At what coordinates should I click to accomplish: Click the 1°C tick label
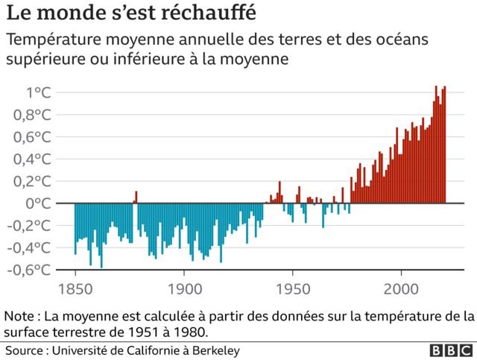pos(39,92)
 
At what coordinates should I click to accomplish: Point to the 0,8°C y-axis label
pos(32,115)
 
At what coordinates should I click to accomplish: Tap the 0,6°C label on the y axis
pos(32,137)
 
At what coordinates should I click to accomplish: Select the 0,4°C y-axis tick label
pos(32,160)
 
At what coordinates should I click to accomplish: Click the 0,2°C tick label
pos(32,181)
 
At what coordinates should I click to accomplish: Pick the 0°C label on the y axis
pos(39,203)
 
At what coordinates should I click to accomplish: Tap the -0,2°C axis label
pos(29,226)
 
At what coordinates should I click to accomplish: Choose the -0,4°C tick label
pos(29,247)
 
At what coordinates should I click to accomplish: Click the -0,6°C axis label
pos(29,270)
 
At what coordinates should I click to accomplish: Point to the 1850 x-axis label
pos(75,288)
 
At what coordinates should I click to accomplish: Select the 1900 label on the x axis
pos(185,288)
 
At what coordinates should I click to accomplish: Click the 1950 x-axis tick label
pos(293,288)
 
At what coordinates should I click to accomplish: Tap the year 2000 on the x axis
pos(401,288)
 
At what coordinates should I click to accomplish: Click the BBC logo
pos(452,350)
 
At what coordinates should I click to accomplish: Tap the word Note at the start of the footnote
pos(19,316)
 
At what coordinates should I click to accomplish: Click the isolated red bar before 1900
pos(136,197)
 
